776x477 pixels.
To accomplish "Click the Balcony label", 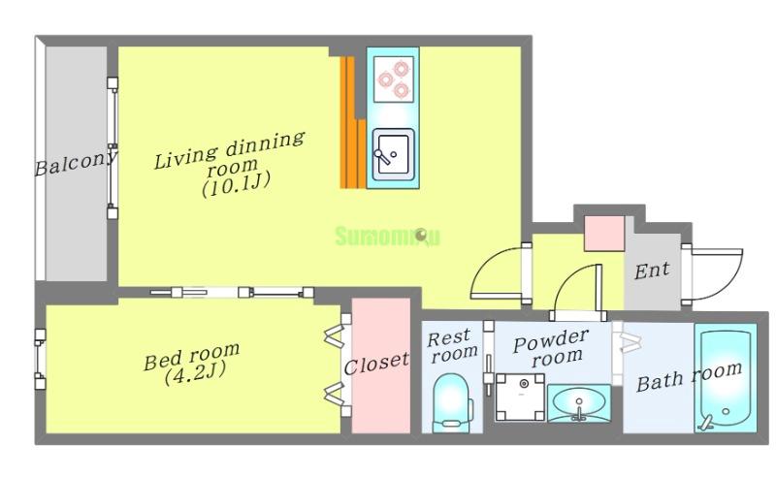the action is pos(76,162).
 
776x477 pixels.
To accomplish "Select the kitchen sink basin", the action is pos(393,154).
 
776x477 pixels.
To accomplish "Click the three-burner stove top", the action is pos(394,79).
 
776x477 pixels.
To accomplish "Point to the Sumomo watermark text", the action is pos(387,237).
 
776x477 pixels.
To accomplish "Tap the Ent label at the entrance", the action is pos(652,270).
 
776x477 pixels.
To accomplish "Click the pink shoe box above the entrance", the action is pos(604,234).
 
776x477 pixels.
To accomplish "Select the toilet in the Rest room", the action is pos(451,402).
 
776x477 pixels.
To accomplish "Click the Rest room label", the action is pos(452,346).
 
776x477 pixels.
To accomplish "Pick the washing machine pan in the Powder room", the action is pos(520,397).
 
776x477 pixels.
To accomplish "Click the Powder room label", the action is pos(550,348).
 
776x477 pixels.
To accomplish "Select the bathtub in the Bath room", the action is pos(726,378).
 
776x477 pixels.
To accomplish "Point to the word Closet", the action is pos(376,364).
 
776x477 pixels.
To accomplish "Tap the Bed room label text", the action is pos(191,355).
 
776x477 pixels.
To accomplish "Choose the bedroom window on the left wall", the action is pos(40,360).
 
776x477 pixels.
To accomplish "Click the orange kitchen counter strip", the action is pos(352,122).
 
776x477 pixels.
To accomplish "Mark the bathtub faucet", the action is pos(707,422).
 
